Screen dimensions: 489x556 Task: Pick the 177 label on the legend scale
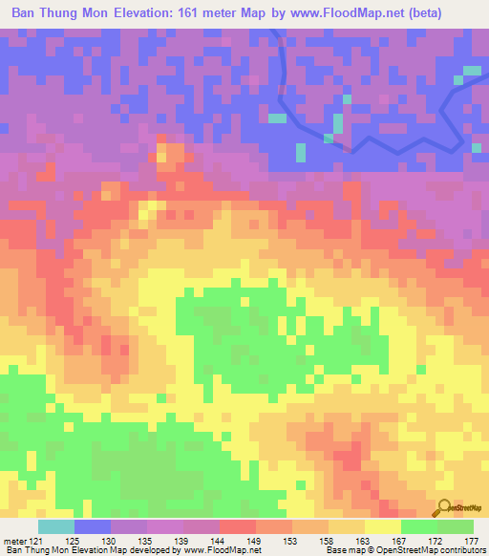point(471,540)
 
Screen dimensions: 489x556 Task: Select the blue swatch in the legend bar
point(93,527)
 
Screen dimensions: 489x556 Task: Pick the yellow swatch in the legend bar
point(382,527)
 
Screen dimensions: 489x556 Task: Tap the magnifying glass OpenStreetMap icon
point(443,507)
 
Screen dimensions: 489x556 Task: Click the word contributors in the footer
point(458,550)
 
